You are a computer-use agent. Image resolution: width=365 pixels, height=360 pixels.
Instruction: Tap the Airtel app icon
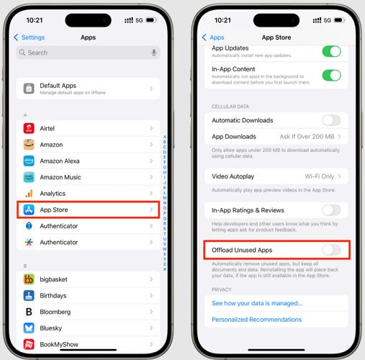click(x=28, y=128)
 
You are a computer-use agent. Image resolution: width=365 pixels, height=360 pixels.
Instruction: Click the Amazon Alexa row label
click(x=60, y=161)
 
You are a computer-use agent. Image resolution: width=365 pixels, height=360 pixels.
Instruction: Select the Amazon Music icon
click(x=28, y=177)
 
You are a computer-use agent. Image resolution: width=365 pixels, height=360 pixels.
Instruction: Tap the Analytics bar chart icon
click(x=28, y=194)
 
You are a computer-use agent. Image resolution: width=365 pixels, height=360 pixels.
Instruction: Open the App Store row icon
click(x=28, y=210)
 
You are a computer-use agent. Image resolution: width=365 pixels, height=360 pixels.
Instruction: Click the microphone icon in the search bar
click(x=154, y=53)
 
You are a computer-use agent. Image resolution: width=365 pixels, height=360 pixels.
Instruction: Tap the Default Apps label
click(x=58, y=85)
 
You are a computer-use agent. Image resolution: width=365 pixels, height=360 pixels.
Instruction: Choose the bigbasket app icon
click(x=28, y=279)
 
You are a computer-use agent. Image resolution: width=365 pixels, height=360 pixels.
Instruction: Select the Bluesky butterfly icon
click(x=28, y=328)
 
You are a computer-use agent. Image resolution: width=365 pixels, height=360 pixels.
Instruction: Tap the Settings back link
click(x=29, y=37)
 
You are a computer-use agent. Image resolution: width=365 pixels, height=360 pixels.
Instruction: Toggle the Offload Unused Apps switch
click(x=331, y=249)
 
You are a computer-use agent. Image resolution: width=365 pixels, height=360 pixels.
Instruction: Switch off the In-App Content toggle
click(x=331, y=75)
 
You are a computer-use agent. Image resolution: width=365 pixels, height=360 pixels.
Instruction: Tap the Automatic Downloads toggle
click(x=331, y=120)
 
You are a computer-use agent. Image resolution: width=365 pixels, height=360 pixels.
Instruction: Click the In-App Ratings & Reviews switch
click(x=331, y=210)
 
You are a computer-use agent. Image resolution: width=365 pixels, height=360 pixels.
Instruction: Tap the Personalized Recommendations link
click(x=256, y=320)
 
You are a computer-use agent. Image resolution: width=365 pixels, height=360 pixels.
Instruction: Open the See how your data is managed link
click(x=257, y=303)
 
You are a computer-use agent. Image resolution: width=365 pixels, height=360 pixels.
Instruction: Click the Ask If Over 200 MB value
click(x=306, y=137)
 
